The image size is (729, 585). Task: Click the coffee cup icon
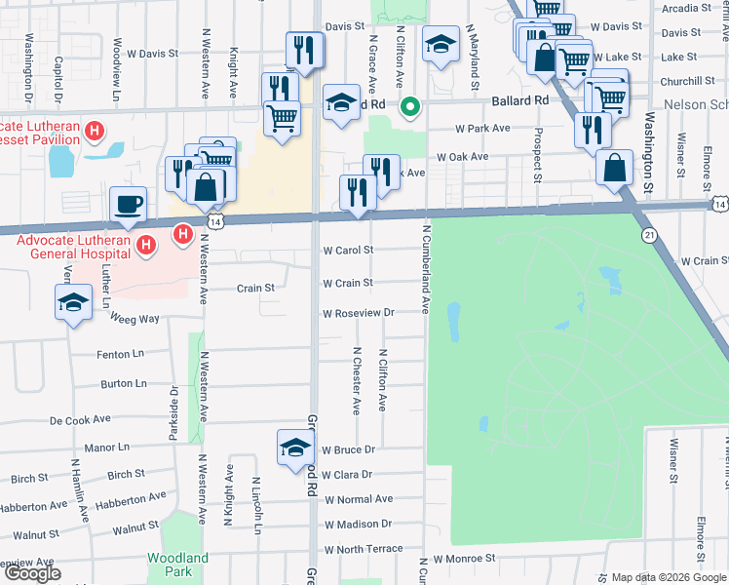coord(128,205)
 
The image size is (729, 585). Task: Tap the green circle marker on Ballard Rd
coord(411,107)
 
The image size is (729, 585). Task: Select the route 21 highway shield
coord(649,235)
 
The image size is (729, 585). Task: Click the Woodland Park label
coord(177,565)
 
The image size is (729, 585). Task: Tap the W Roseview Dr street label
coord(358,313)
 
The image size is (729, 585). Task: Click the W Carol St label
coord(348,250)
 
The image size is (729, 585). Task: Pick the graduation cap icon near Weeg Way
coord(73,304)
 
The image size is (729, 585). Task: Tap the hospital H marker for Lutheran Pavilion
coord(95,131)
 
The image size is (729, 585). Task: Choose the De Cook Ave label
coord(82,420)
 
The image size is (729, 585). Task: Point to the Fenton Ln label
coord(120,355)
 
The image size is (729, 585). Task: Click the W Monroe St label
coord(465,560)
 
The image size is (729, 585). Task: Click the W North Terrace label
coord(363,549)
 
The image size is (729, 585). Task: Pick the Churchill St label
coord(687,81)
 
